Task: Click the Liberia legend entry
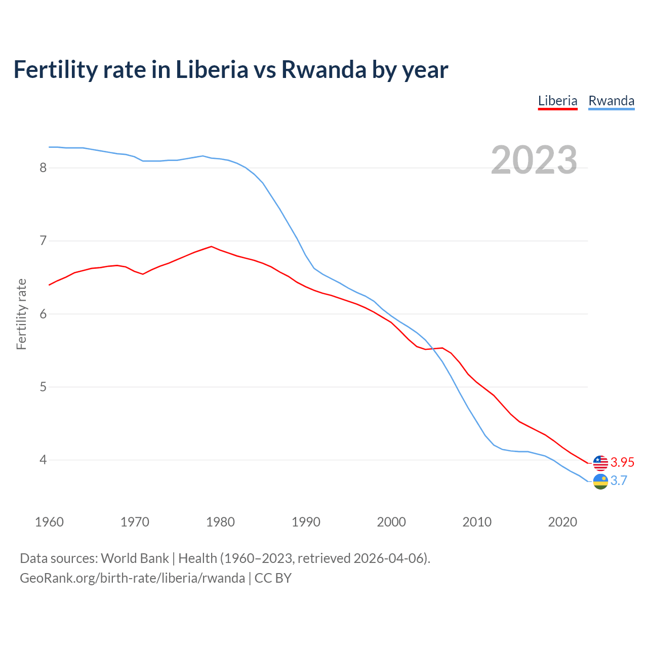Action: click(x=557, y=101)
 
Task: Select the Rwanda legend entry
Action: click(x=611, y=101)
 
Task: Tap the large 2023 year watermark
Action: click(x=534, y=160)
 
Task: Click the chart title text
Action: click(x=230, y=69)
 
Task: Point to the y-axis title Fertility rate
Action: click(x=21, y=314)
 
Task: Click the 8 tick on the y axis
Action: click(x=43, y=168)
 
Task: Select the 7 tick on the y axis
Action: click(x=43, y=240)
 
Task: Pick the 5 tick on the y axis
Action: click(x=43, y=387)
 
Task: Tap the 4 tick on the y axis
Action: click(x=43, y=460)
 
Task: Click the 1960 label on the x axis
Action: click(x=49, y=522)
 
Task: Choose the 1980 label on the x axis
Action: click(x=220, y=522)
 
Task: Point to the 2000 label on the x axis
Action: click(x=391, y=522)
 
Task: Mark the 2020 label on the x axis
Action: click(x=562, y=522)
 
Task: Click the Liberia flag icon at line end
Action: click(x=600, y=463)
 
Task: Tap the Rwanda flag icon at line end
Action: click(x=600, y=481)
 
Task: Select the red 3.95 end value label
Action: click(x=622, y=462)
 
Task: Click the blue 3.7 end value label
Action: click(x=619, y=481)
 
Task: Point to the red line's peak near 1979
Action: click(x=212, y=247)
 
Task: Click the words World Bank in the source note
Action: click(x=135, y=558)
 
